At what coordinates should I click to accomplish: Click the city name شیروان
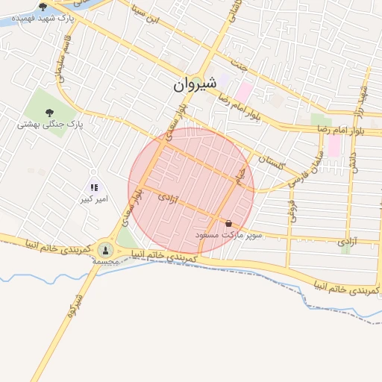195,86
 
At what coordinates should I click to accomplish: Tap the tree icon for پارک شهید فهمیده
43,6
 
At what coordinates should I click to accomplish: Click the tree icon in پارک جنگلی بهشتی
49,113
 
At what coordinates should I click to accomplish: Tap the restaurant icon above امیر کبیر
94,187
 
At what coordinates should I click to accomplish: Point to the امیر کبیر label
97,199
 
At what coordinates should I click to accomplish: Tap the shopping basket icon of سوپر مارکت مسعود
228,223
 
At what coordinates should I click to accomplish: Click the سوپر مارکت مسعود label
229,234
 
